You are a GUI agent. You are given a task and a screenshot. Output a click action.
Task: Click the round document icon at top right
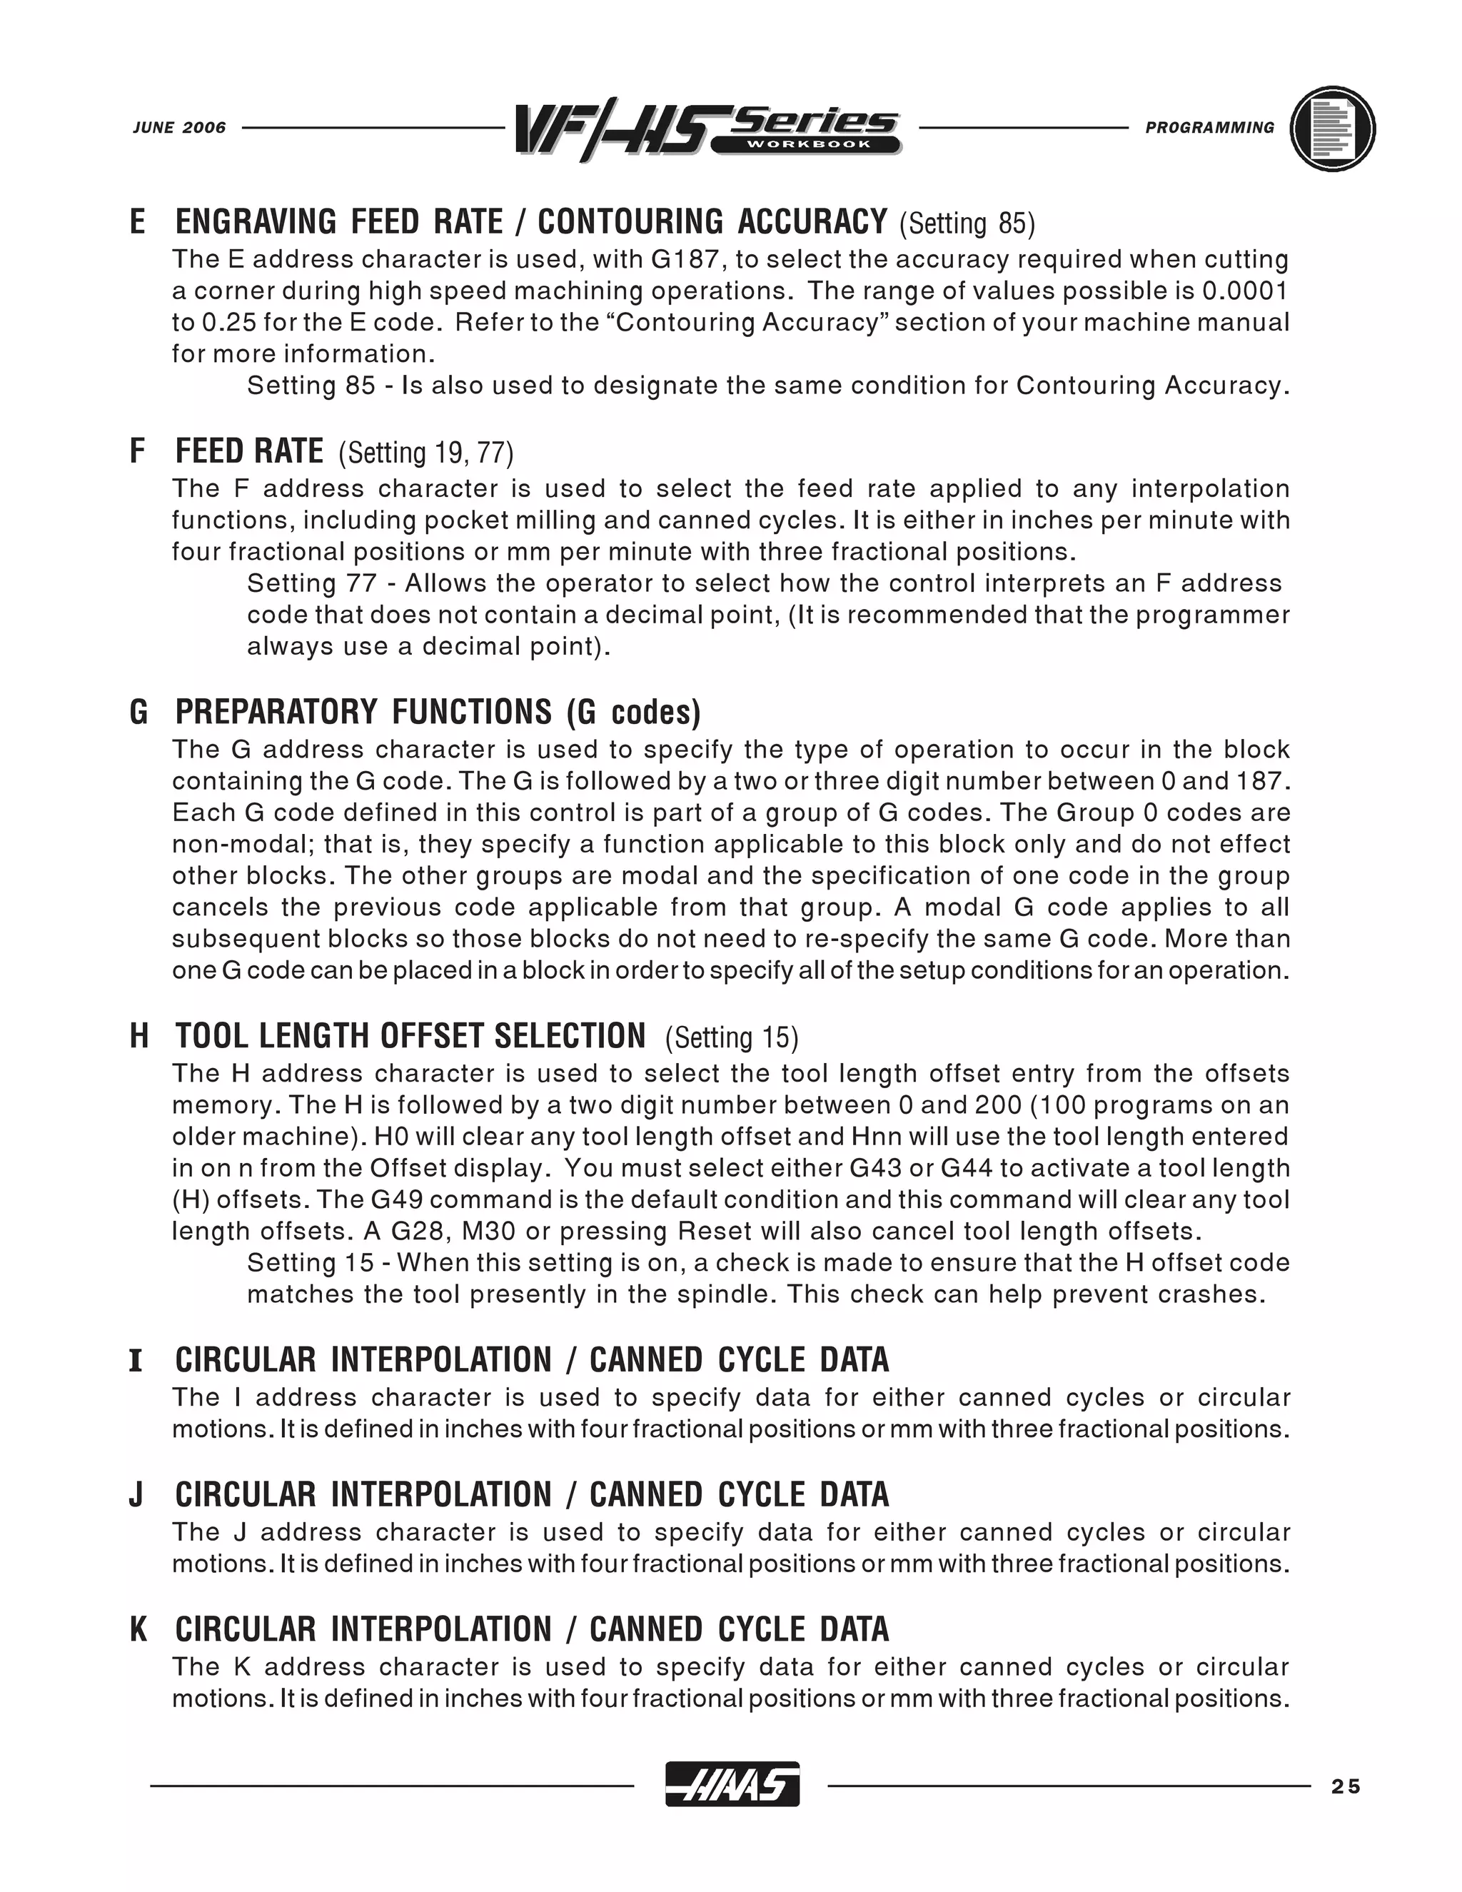coord(1332,129)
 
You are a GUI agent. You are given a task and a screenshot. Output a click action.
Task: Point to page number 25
coord(1347,1786)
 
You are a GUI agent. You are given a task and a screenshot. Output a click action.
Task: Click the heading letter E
coord(138,222)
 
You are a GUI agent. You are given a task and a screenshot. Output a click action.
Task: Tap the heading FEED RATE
coord(249,451)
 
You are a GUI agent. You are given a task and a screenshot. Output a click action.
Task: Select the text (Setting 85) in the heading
coord(967,223)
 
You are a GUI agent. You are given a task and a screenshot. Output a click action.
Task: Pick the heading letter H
coord(138,1036)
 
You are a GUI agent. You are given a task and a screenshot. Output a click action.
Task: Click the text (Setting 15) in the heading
coord(732,1038)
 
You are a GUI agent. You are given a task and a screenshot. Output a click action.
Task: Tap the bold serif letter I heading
coord(136,1361)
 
